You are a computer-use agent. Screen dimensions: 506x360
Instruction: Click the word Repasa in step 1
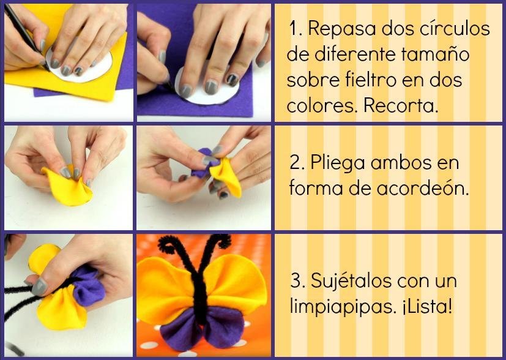(x=341, y=28)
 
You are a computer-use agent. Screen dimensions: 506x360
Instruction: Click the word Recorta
(x=401, y=105)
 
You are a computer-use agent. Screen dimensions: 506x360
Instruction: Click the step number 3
(x=296, y=280)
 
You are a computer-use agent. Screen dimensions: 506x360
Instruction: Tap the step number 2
(x=296, y=162)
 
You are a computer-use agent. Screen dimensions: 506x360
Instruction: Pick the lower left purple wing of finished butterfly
(x=180, y=332)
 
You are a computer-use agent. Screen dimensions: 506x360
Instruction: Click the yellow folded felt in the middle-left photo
(x=69, y=188)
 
